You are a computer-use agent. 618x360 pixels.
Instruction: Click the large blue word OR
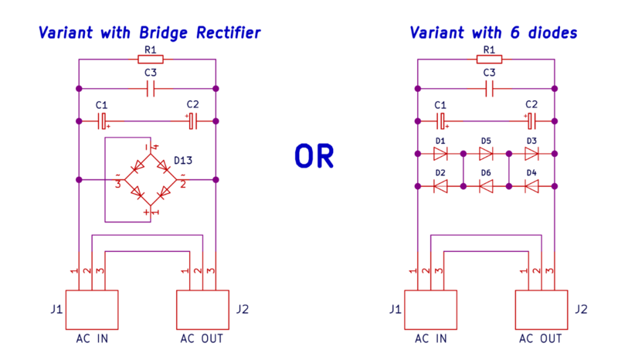314,156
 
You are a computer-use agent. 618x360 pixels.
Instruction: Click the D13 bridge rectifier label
183,161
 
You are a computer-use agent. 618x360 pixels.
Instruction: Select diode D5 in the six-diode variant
486,153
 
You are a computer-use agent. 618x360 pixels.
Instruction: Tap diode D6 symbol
486,185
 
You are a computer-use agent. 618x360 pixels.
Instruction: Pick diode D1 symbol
440,153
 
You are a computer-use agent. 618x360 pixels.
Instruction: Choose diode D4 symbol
531,185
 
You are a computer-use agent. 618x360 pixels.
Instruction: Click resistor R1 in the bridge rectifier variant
148,59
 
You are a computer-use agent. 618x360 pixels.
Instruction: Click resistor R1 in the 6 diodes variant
487,59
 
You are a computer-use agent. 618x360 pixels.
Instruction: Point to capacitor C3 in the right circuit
489,89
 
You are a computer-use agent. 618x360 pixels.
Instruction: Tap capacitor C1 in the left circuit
103,121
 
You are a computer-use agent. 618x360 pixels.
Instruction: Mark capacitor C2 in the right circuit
531,121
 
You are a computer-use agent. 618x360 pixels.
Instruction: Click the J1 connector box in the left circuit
91,311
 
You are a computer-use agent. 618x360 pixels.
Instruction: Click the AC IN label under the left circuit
91,338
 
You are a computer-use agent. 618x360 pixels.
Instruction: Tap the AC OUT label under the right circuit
541,338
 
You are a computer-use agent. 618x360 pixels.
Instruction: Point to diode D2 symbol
440,185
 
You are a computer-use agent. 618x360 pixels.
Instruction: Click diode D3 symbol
531,153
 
